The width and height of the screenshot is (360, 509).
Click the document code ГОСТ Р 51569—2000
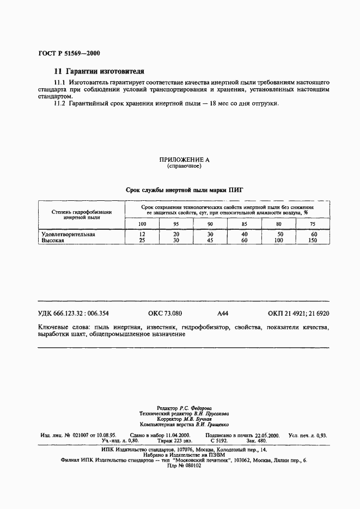[69, 53]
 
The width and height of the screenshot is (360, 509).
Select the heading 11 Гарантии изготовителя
[99, 71]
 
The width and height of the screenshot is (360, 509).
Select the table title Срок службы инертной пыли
[184, 190]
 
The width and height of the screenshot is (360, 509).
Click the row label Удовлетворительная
[69, 234]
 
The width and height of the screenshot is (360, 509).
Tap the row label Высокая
[53, 240]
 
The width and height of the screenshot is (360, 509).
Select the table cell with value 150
[312, 240]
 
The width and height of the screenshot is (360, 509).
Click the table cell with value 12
[142, 234]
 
